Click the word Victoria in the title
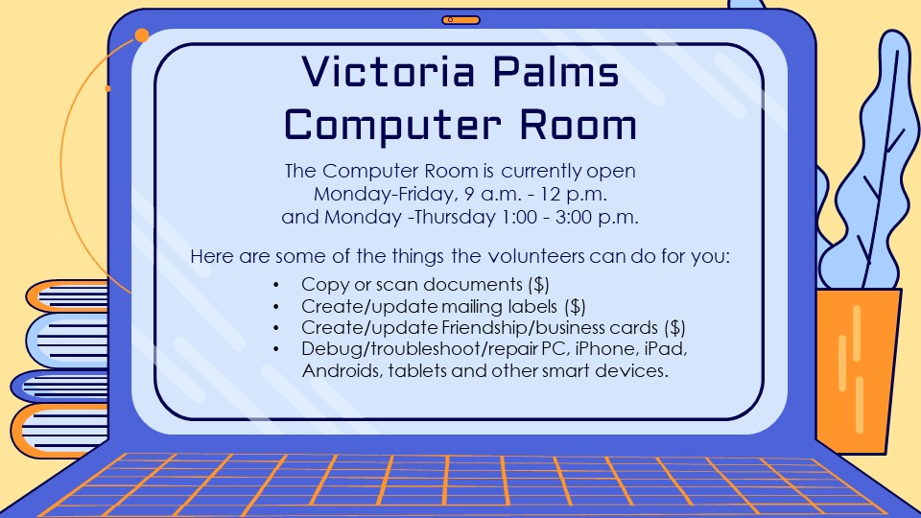(389, 71)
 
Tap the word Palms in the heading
(555, 71)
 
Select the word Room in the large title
(578, 125)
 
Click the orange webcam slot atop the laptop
(461, 20)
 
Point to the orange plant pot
(858, 370)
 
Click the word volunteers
(536, 256)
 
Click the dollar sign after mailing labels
(575, 307)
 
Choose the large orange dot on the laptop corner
(142, 35)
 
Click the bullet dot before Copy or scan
(276, 286)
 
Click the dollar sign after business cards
(674, 328)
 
